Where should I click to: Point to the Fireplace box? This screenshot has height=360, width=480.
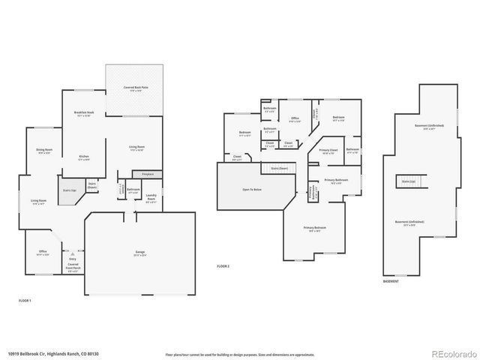(x=147, y=174)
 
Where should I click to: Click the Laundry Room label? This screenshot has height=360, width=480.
(x=151, y=199)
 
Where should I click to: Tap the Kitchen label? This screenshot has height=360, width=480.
(x=83, y=157)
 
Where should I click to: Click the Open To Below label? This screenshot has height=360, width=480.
(x=251, y=190)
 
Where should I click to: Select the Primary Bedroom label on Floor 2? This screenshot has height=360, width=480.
(x=314, y=229)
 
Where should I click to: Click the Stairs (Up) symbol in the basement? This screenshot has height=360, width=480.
(x=409, y=181)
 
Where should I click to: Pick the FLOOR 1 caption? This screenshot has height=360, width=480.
(x=25, y=300)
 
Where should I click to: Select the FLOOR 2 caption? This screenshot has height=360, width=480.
(x=223, y=266)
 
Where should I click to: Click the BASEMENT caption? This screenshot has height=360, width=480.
(x=391, y=281)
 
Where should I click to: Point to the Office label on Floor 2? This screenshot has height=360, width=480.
(x=295, y=119)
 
